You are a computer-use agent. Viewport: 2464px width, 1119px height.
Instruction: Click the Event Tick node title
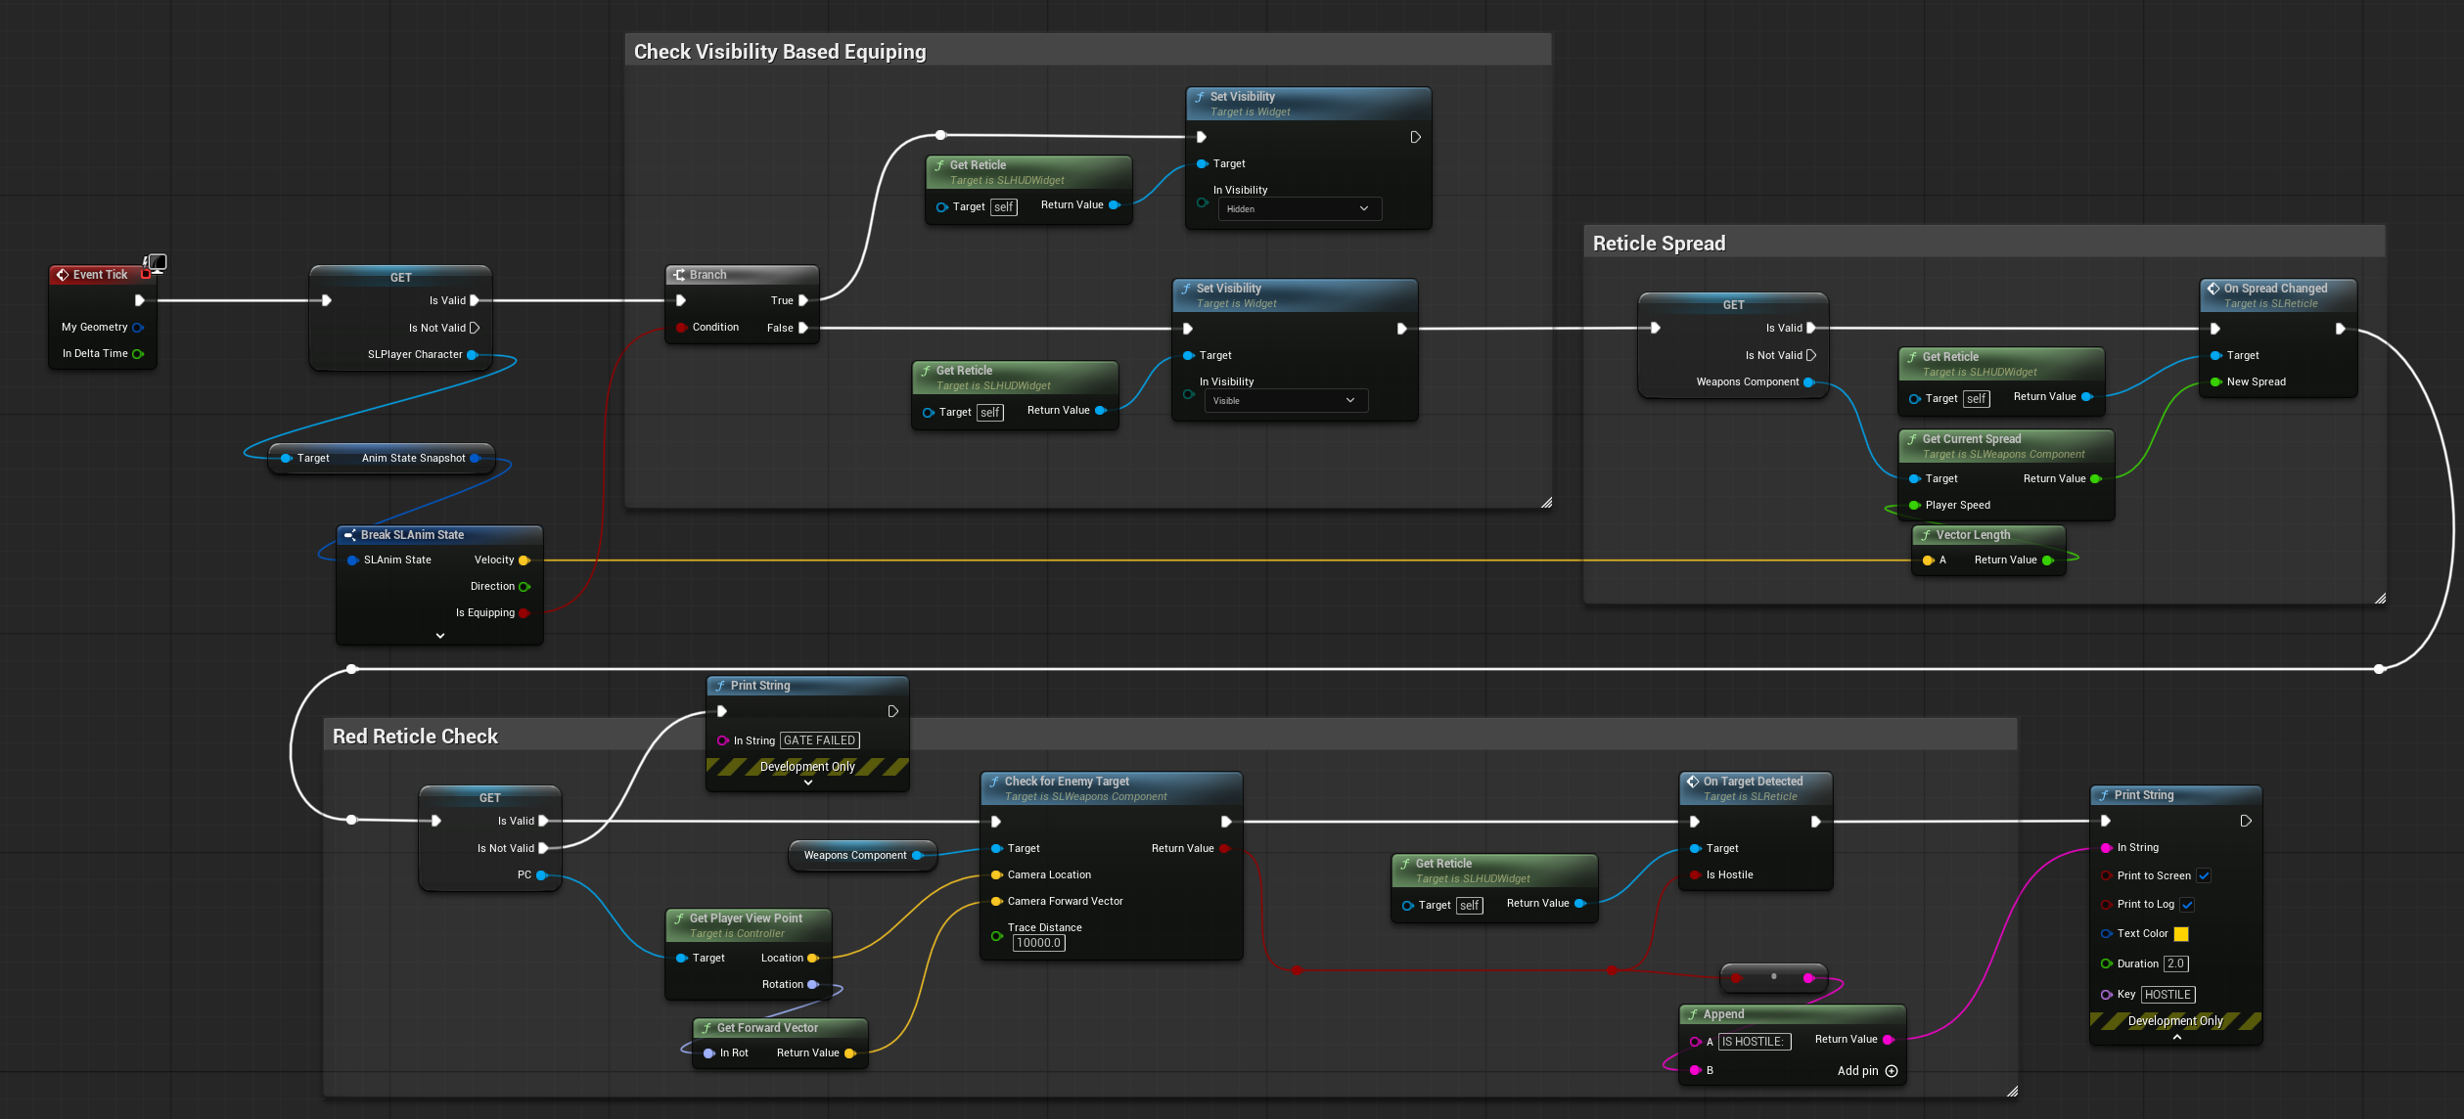tap(100, 275)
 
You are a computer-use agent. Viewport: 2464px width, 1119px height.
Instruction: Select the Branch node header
tap(741, 275)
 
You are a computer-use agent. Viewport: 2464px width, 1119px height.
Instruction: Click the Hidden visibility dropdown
tap(1299, 209)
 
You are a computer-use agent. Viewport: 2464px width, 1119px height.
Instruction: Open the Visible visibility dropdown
tap(1285, 401)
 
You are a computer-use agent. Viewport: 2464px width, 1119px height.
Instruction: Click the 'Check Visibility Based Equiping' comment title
tap(780, 52)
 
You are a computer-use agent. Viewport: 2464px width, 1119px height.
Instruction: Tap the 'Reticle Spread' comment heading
tap(1659, 244)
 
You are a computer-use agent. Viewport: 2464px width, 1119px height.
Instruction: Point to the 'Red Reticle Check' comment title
tap(415, 737)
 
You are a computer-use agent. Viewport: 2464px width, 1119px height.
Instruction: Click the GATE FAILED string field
tap(820, 740)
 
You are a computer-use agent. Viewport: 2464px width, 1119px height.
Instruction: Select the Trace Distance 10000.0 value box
tap(1038, 943)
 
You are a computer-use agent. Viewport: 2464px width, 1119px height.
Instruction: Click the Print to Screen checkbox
tap(2204, 875)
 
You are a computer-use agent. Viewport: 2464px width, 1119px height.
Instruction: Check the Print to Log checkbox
tap(2187, 905)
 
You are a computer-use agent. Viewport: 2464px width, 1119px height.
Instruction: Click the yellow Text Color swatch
tap(2181, 934)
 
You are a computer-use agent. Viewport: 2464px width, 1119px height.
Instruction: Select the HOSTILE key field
tap(2167, 995)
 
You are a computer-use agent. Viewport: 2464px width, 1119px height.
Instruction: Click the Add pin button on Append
tap(1867, 1071)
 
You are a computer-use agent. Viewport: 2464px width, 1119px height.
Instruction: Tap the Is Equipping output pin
tap(524, 613)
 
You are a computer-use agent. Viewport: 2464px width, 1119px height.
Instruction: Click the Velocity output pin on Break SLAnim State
tap(524, 560)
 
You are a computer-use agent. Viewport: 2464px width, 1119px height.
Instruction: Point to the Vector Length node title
tap(1973, 535)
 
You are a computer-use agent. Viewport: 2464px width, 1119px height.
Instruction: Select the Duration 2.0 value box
tap(2175, 964)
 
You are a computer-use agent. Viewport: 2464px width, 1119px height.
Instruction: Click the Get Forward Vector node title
tap(767, 1028)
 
